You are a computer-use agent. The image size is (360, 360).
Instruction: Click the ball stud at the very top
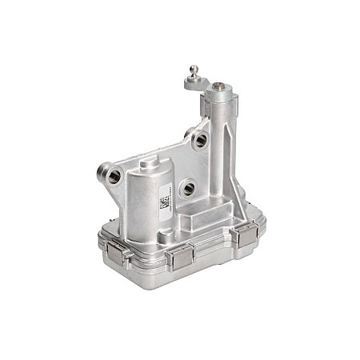pos(192,70)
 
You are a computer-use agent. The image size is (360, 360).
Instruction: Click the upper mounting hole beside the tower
pos(200,140)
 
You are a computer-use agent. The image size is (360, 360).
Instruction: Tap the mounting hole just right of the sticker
pos(189,189)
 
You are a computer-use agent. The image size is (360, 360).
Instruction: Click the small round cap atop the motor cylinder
pos(150,162)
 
